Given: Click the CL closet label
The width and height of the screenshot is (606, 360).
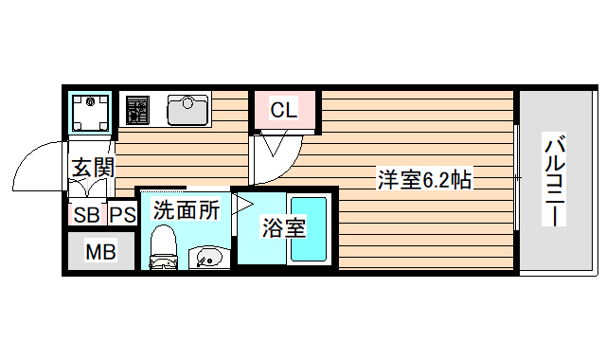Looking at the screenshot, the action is click(x=284, y=110).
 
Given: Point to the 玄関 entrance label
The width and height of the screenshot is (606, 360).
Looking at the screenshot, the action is click(x=93, y=169).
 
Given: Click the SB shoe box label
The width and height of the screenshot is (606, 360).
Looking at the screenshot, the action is click(x=85, y=214).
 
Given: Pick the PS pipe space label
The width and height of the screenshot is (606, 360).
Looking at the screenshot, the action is click(x=122, y=214).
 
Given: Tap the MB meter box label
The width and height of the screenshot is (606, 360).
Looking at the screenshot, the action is click(x=100, y=252).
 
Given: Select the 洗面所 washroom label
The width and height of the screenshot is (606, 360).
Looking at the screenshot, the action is click(x=187, y=209).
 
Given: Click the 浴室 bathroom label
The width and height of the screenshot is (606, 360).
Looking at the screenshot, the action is click(x=283, y=228).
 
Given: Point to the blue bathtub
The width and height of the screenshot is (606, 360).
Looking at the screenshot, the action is click(x=309, y=229).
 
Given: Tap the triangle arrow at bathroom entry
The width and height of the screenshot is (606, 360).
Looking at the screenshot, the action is click(x=244, y=204).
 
